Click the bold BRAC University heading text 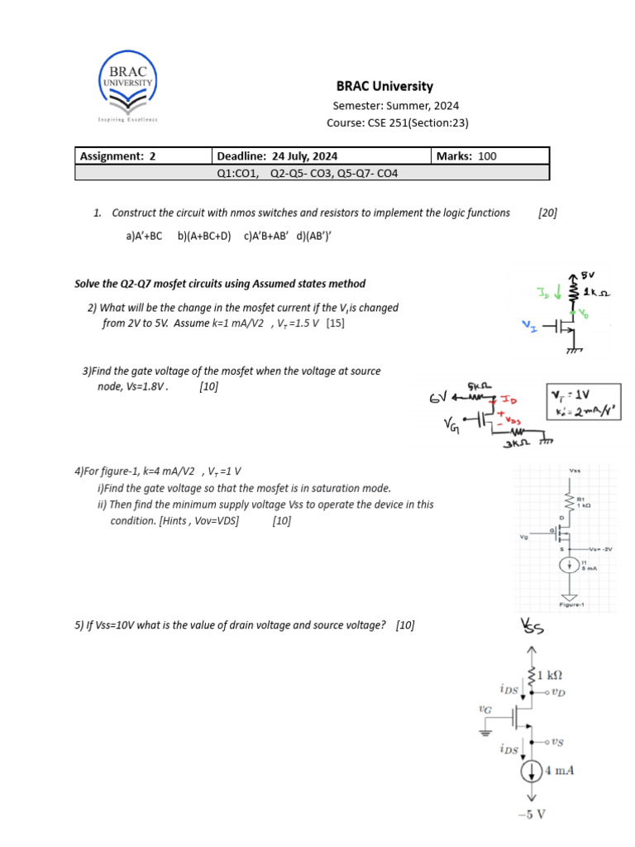pos(384,86)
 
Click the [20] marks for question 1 pos(547,213)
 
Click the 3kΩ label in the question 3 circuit pos(517,444)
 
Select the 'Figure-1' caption pos(572,605)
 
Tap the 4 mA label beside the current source pos(559,771)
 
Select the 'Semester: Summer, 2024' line pos(395,106)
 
